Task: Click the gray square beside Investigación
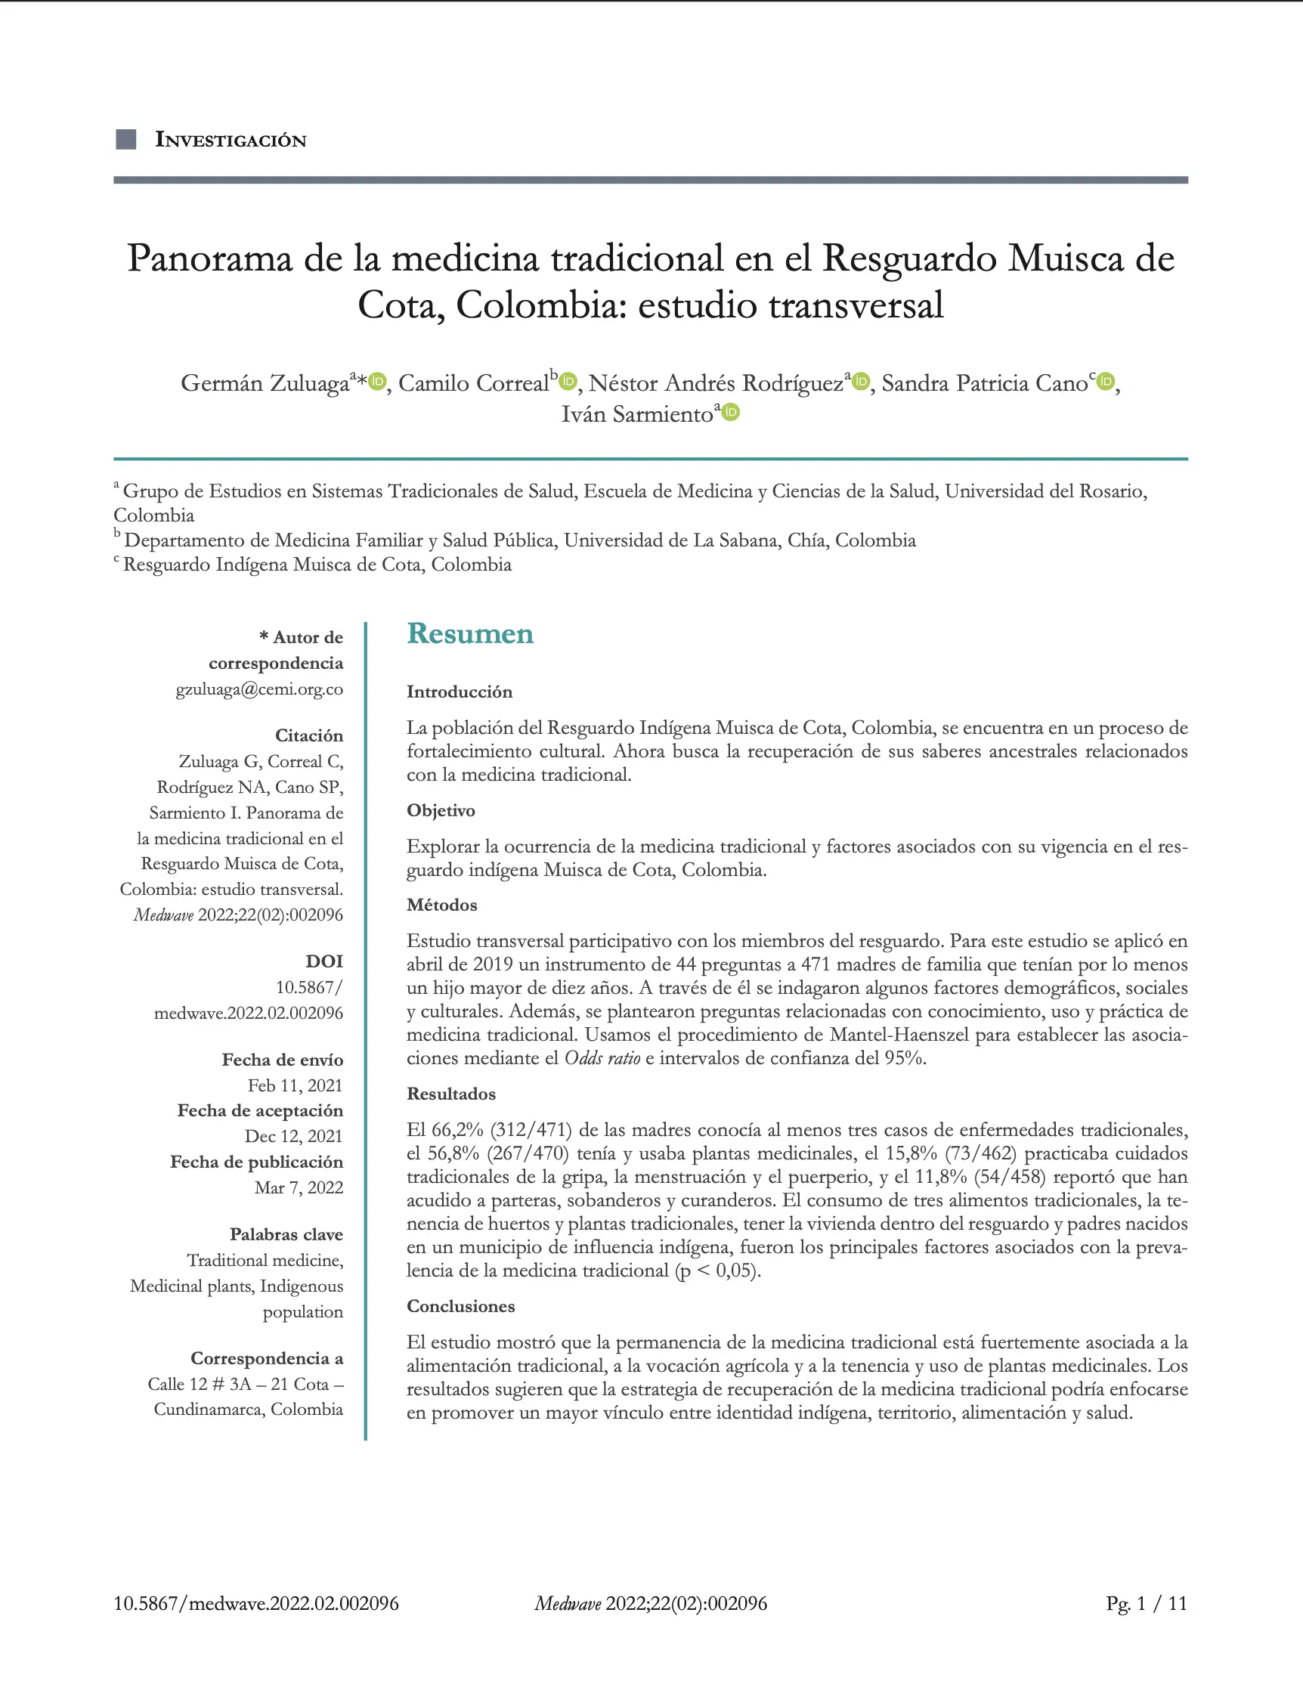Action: click(x=126, y=140)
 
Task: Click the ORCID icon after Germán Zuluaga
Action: click(x=377, y=382)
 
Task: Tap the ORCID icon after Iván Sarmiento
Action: click(x=731, y=413)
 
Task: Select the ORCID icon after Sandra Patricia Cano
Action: click(x=1106, y=382)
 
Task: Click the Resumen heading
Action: click(x=469, y=633)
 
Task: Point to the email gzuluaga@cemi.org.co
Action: click(x=259, y=689)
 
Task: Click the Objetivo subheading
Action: click(x=441, y=810)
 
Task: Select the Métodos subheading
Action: click(x=442, y=905)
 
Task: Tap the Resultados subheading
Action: click(x=451, y=1094)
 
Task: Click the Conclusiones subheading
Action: click(x=460, y=1306)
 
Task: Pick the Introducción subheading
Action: click(x=460, y=692)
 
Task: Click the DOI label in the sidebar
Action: click(x=324, y=961)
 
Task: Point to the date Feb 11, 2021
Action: click(x=295, y=1085)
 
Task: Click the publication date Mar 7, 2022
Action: click(x=299, y=1187)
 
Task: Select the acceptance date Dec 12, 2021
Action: click(x=293, y=1136)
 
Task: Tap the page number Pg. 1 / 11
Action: click(x=1147, y=1604)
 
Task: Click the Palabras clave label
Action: click(x=286, y=1234)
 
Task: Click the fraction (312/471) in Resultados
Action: click(x=531, y=1130)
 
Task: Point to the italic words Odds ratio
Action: click(x=602, y=1058)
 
